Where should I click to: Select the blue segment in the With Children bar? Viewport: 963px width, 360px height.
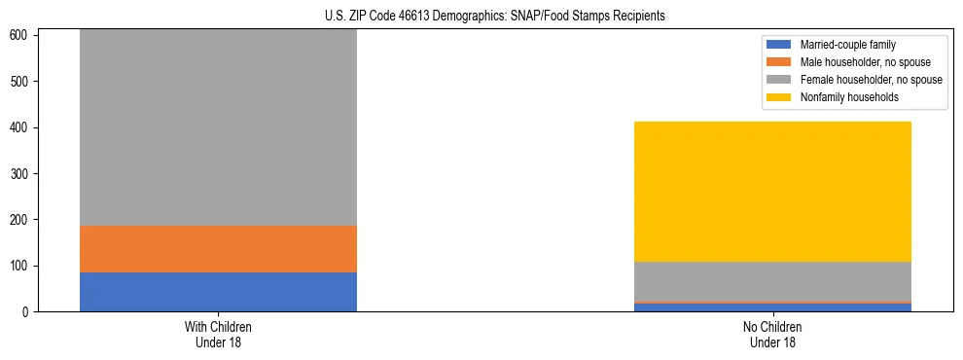point(218,292)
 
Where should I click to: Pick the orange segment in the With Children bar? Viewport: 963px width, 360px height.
point(218,249)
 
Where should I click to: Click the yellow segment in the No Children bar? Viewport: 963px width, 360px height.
point(772,192)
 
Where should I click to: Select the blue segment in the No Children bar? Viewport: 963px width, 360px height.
point(772,307)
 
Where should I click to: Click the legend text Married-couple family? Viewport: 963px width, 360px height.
point(847,45)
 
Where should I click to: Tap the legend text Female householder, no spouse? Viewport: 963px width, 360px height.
point(871,80)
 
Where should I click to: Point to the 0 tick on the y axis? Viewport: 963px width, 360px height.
point(26,312)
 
